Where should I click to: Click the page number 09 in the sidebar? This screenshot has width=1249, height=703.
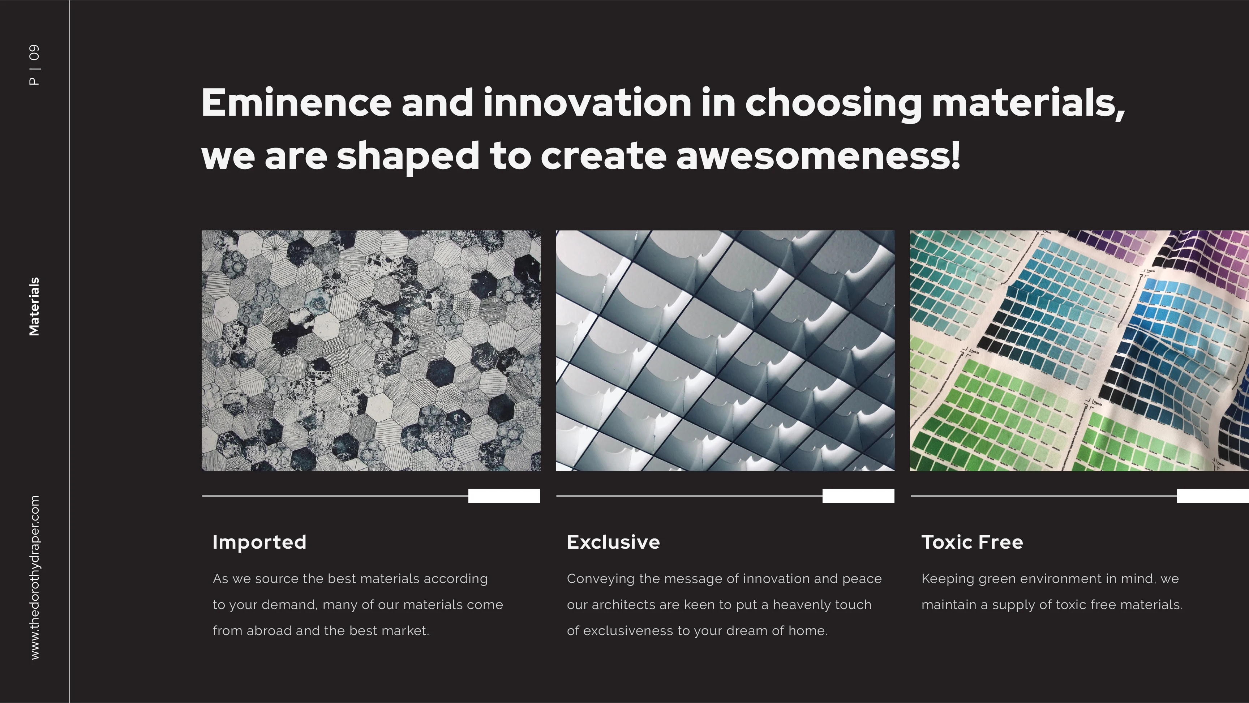[34, 52]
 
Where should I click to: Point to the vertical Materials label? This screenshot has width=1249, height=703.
[34, 307]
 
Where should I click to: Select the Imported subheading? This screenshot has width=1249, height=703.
[259, 542]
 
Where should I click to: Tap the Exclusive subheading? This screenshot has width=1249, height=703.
[613, 542]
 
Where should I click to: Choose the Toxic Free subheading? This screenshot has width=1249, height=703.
[972, 542]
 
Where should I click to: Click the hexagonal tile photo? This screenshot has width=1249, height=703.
[371, 351]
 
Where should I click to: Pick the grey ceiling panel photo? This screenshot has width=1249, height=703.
[725, 351]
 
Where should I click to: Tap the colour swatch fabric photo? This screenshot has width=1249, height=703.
[1079, 351]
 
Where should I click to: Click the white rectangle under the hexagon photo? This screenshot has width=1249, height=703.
[504, 496]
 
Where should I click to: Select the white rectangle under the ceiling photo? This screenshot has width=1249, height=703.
[858, 496]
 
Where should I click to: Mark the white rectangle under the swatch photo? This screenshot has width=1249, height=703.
[1213, 496]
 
